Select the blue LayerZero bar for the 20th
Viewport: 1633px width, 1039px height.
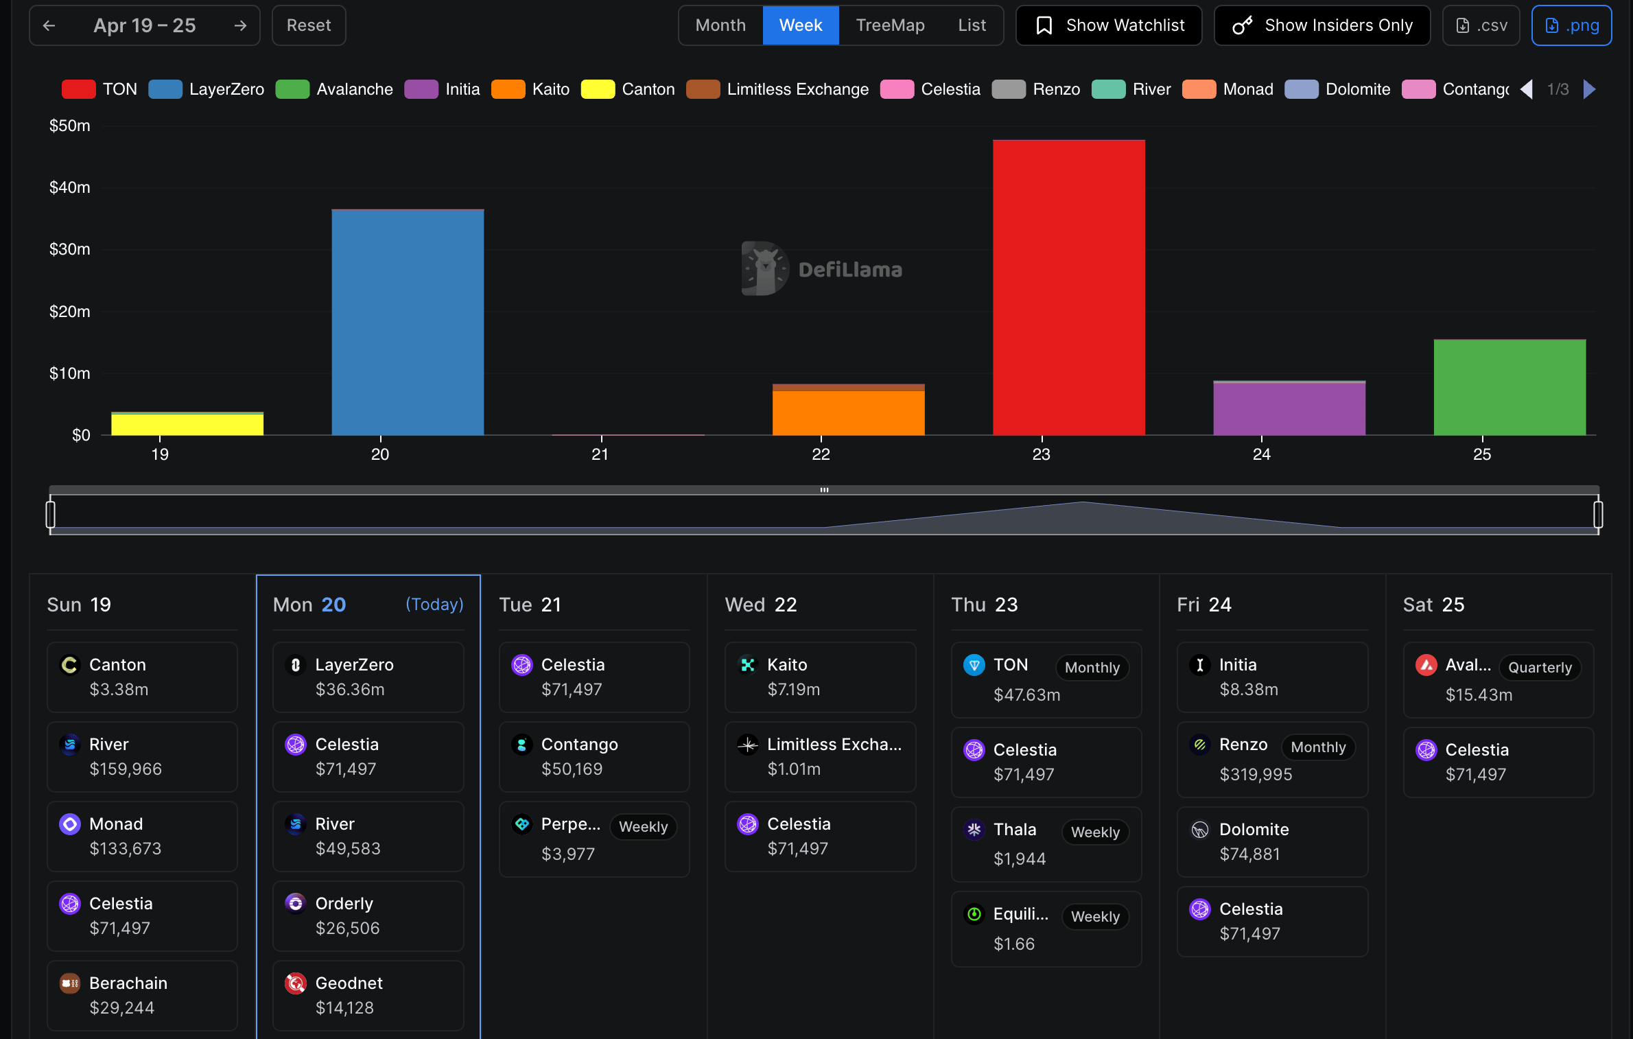pos(408,322)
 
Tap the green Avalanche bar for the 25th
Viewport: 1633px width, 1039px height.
pos(1509,387)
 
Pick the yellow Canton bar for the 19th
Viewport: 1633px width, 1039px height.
pos(187,424)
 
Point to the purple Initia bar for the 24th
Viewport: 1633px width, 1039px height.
pos(1289,408)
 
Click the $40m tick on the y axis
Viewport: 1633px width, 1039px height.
pos(69,187)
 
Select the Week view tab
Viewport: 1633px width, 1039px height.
pos(800,25)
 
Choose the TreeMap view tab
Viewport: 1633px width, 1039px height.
pos(890,25)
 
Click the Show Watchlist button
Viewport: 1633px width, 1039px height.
pos(1109,25)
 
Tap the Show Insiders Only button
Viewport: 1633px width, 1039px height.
pos(1322,25)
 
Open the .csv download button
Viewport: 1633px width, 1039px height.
pos(1481,25)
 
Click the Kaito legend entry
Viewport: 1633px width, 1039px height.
pos(530,89)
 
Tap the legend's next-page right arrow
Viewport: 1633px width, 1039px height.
pos(1589,89)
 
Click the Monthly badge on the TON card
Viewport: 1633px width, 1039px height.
pos(1092,668)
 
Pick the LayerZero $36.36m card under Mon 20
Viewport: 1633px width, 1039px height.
pos(368,677)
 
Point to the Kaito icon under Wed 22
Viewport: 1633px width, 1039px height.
pos(747,665)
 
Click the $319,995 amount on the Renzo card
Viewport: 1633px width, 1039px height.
pos(1256,774)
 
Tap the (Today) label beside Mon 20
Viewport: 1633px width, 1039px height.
pos(434,605)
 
